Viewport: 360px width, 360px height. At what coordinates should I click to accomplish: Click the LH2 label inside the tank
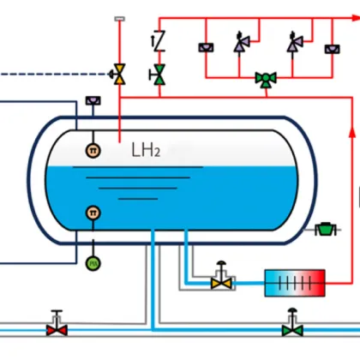(145, 151)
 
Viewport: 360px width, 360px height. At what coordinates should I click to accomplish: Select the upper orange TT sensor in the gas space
(92, 151)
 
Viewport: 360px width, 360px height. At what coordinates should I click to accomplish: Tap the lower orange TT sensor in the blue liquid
(92, 213)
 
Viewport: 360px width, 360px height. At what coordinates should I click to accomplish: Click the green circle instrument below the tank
(92, 262)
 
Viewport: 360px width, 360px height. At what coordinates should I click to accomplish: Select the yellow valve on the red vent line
(120, 75)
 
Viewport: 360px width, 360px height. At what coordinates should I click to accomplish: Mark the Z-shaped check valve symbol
(159, 40)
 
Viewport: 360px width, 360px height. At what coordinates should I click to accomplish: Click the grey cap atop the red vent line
(120, 18)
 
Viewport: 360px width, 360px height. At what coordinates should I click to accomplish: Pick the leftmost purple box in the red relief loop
(206, 47)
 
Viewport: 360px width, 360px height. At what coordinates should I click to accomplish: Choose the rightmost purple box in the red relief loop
(329, 48)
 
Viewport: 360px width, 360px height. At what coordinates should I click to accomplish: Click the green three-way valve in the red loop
(267, 79)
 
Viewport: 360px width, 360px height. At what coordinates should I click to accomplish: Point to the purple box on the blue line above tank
(92, 102)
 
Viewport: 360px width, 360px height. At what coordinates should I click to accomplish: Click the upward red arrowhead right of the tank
(351, 131)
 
